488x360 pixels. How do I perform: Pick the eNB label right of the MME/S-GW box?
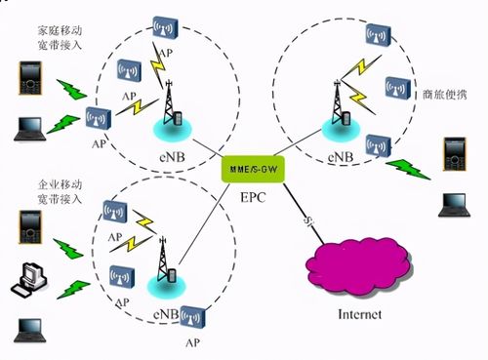coord(343,155)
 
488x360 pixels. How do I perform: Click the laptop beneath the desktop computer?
coord(26,329)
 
